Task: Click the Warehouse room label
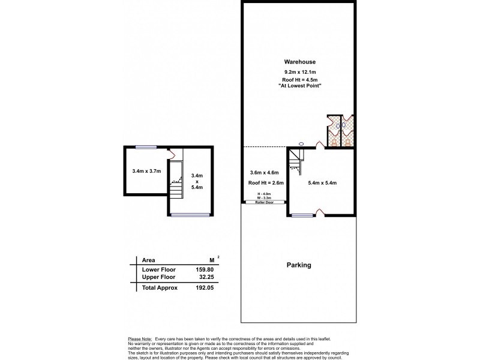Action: click(x=300, y=62)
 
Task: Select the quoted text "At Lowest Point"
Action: click(x=300, y=87)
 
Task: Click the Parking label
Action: click(x=298, y=265)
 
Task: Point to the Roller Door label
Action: click(x=264, y=203)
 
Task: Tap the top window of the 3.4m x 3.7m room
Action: click(x=146, y=146)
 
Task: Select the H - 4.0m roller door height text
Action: click(x=264, y=193)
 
